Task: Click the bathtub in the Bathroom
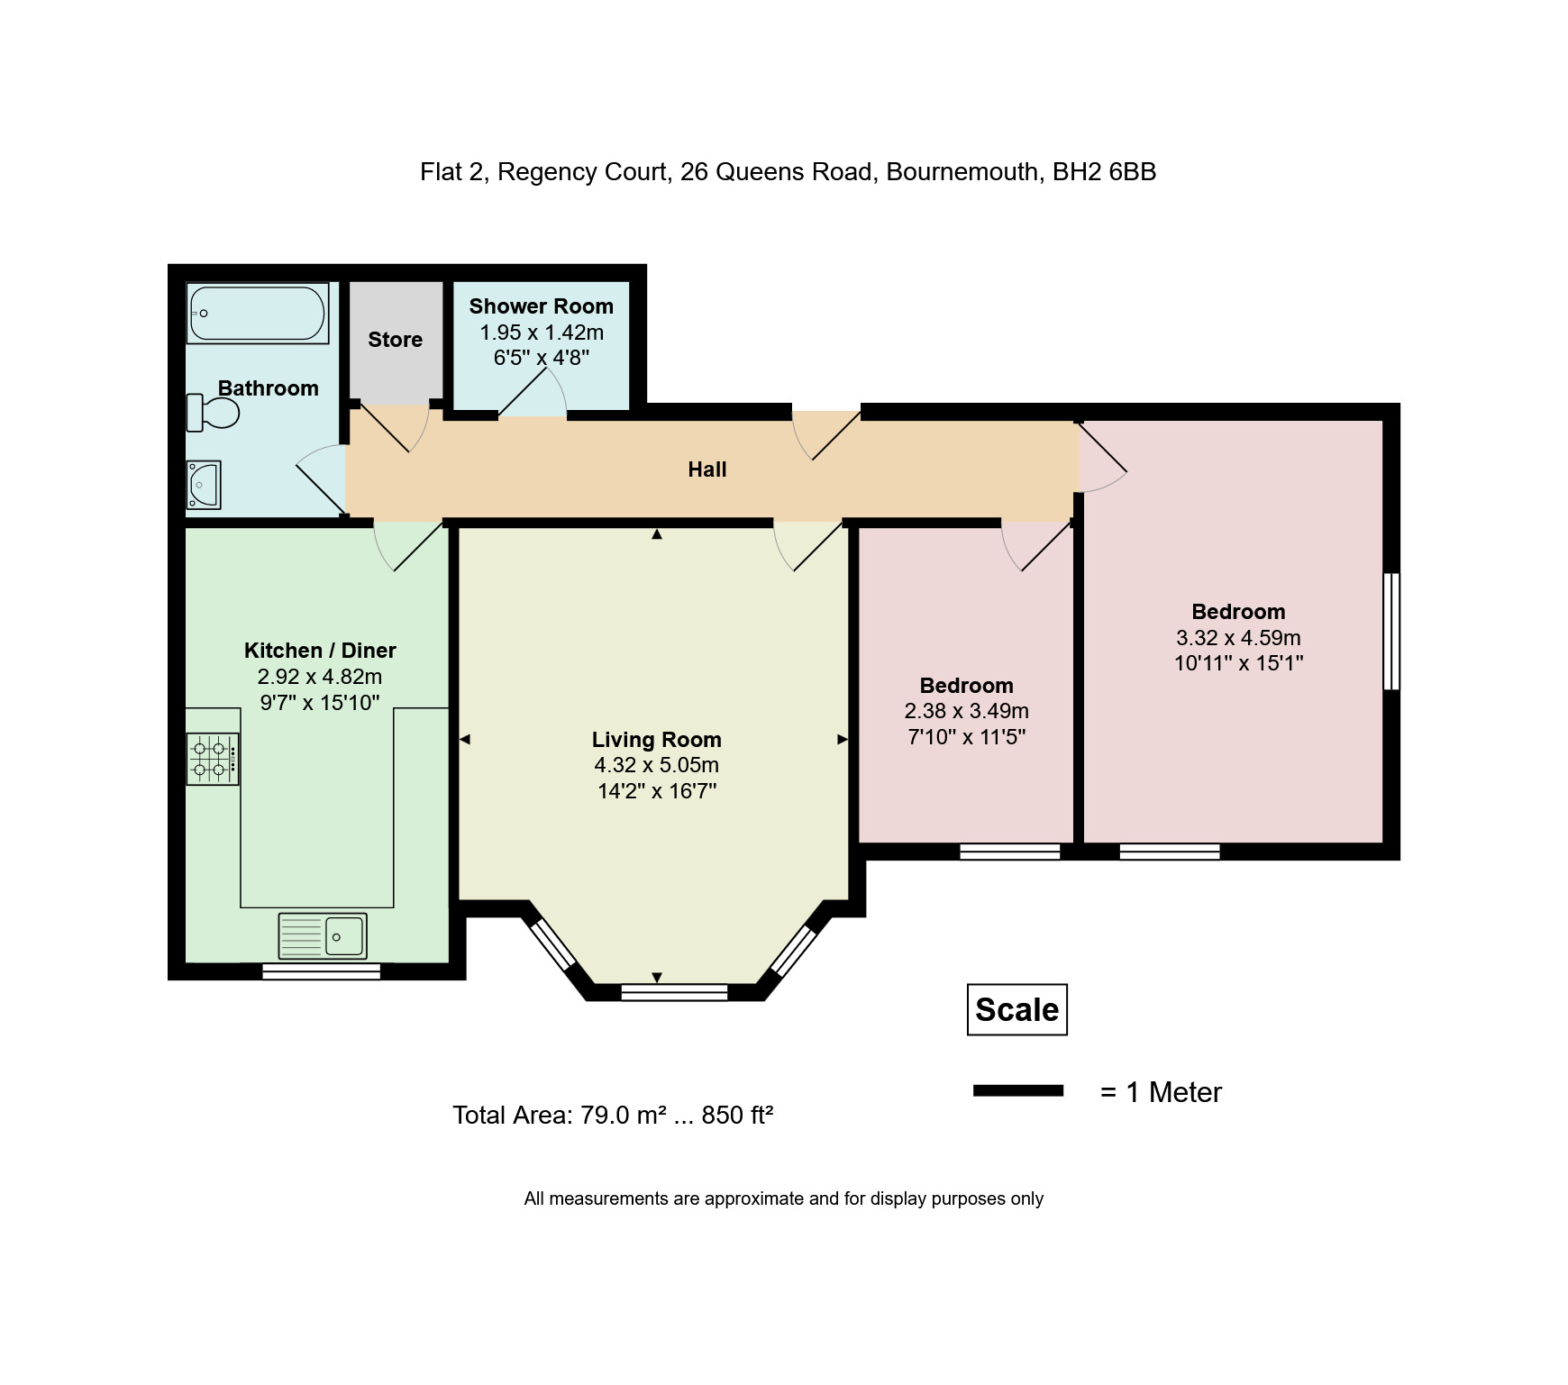click(258, 314)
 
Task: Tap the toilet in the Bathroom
click(214, 413)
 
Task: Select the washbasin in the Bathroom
click(204, 485)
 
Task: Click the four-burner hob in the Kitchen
click(213, 759)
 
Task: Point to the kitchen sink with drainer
click(323, 935)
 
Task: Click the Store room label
click(395, 340)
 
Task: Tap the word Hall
click(707, 469)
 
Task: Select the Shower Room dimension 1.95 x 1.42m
click(541, 333)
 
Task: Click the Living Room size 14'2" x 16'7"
click(656, 791)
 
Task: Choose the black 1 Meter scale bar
click(1017, 1091)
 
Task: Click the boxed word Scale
click(1016, 1010)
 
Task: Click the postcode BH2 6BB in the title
click(1104, 172)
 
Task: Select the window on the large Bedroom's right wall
click(1391, 631)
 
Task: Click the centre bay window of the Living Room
click(674, 992)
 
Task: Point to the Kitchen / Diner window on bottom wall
click(321, 970)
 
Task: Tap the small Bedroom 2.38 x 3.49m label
click(966, 711)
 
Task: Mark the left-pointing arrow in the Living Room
click(465, 740)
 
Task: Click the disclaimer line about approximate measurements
click(783, 1199)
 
